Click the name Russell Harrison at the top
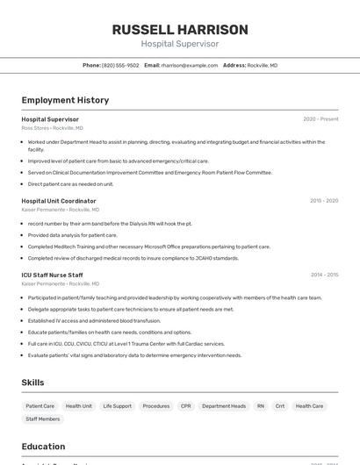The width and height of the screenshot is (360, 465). [x=180, y=30]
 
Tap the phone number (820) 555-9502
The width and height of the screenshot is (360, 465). [x=120, y=65]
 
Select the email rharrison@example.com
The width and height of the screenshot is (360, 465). [x=189, y=65]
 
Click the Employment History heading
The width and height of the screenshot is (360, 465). [x=65, y=100]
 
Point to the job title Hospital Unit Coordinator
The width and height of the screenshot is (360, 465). [x=59, y=201]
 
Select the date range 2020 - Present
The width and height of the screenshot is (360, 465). [x=320, y=119]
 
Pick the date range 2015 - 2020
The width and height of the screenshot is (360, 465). [x=324, y=201]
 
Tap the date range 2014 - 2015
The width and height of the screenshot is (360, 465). [x=324, y=275]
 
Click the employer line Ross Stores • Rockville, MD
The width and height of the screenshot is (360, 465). [x=53, y=128]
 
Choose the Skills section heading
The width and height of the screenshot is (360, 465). [x=32, y=383]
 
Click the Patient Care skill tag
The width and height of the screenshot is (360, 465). [x=40, y=406]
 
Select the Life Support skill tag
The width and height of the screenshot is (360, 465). [x=117, y=406]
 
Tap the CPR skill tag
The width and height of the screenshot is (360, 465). [x=185, y=406]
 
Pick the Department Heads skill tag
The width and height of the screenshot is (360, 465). [x=224, y=406]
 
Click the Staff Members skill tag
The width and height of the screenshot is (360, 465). [x=43, y=419]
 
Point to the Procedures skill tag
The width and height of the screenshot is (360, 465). [x=156, y=406]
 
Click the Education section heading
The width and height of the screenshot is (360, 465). [x=43, y=446]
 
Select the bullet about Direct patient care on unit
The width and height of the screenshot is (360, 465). [x=70, y=184]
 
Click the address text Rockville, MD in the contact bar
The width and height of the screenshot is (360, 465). [x=263, y=65]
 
